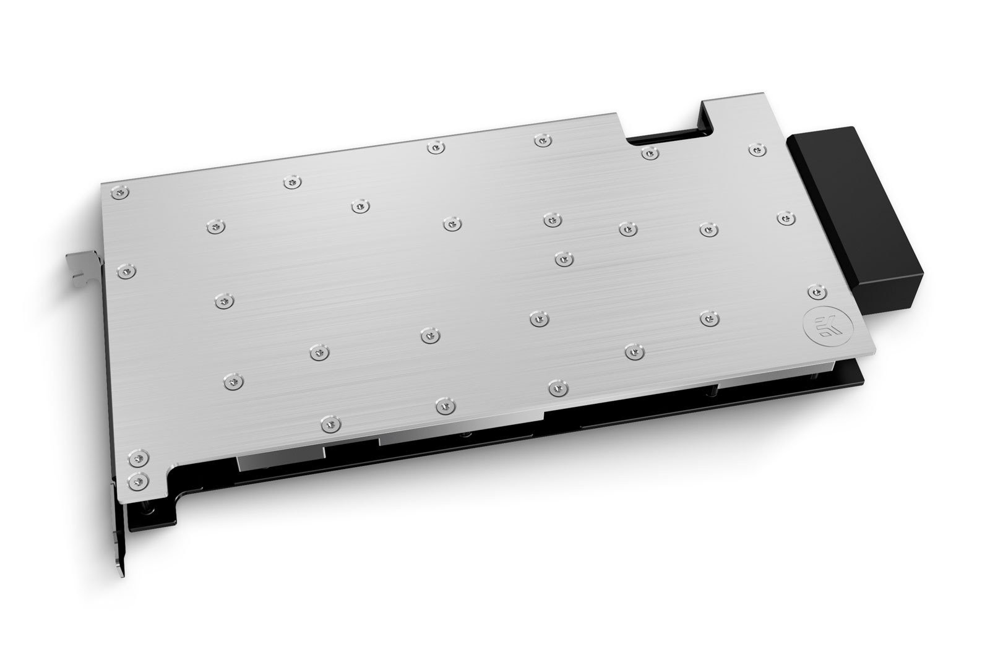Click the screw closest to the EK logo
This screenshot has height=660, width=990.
click(819, 290)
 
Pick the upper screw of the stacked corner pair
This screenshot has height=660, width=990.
click(138, 458)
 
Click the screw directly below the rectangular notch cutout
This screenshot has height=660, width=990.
click(648, 153)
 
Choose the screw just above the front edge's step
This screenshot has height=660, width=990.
click(556, 388)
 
